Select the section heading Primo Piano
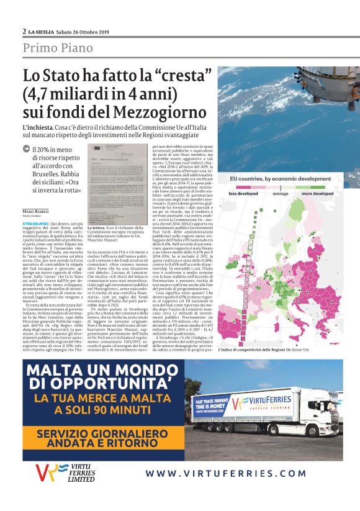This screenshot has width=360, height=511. [x=58, y=48]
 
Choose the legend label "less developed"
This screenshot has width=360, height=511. [x=243, y=193]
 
